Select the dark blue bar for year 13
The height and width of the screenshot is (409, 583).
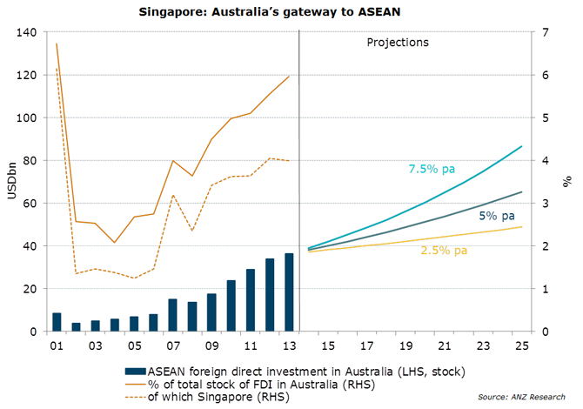click(289, 292)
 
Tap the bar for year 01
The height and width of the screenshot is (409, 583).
click(57, 322)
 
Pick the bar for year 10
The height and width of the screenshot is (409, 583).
click(231, 306)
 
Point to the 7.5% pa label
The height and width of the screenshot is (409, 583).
click(432, 169)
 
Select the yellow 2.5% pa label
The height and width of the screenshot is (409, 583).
click(445, 251)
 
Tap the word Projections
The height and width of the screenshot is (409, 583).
click(399, 41)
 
